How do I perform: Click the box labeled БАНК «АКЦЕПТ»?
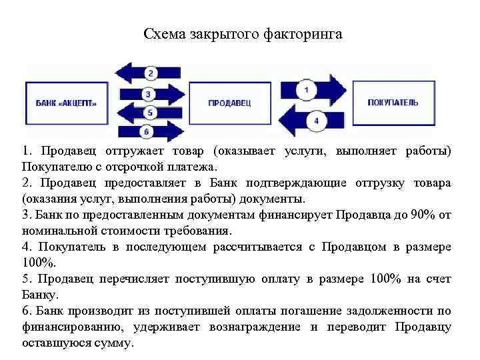click(65, 103)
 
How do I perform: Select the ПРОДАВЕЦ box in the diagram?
click(229, 103)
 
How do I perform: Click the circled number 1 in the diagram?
click(306, 89)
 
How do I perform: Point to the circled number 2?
click(151, 73)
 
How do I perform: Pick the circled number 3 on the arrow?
click(150, 94)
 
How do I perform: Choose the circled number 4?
click(315, 121)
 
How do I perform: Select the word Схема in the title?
click(163, 33)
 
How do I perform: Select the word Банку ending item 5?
click(39, 295)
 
